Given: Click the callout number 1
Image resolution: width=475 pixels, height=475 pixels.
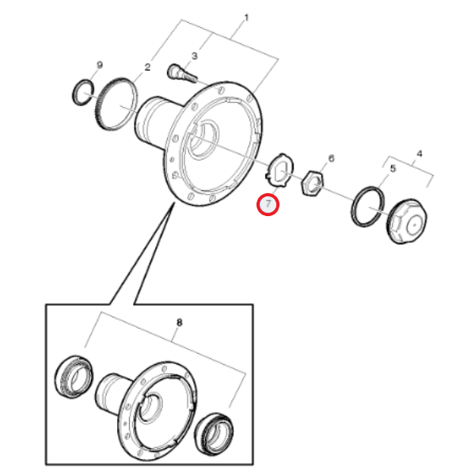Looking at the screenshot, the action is (x=246, y=18).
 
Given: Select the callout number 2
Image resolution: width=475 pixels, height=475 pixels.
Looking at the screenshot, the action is (x=147, y=67).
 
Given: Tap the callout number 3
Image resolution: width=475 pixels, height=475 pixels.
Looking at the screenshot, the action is (x=194, y=55).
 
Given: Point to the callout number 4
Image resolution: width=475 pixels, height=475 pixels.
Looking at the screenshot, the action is (x=420, y=154).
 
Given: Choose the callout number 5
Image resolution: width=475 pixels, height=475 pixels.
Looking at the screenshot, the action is (x=393, y=169).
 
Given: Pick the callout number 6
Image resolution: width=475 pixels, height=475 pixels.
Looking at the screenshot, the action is (x=331, y=158).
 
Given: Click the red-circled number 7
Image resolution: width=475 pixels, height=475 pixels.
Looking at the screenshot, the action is (x=268, y=204).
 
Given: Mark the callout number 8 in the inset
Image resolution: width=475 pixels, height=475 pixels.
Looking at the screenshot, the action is (x=180, y=322).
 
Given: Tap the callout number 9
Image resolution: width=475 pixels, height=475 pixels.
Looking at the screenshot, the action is (x=100, y=65).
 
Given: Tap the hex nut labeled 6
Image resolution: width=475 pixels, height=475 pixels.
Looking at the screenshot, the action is (x=313, y=184).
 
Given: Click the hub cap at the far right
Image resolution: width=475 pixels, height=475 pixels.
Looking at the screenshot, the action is (x=407, y=222).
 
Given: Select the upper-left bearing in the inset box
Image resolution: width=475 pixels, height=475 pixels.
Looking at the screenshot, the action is (x=74, y=377).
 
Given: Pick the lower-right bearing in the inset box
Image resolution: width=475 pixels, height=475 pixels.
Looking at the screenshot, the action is (x=214, y=434).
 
